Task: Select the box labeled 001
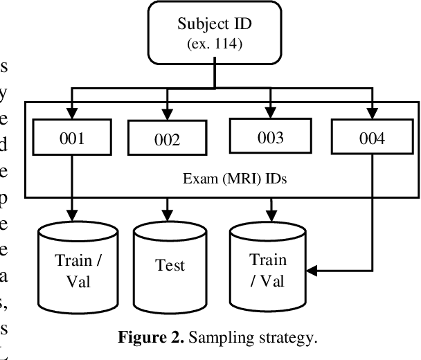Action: point(71,138)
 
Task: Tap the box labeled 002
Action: point(166,139)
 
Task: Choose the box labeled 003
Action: point(270,136)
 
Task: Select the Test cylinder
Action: point(170,266)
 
